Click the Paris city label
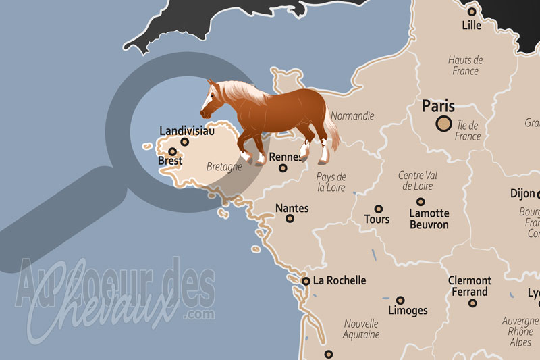(438, 107)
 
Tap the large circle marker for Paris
(444, 124)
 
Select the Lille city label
(471, 26)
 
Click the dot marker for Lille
(472, 11)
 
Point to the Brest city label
(170, 161)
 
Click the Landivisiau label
(187, 131)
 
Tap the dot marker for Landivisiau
(185, 142)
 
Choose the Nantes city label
(292, 208)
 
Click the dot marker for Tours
(379, 209)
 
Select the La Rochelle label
(340, 280)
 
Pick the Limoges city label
(408, 311)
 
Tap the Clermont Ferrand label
(470, 286)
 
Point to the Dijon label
(522, 193)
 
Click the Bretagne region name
(224, 167)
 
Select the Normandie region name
(352, 115)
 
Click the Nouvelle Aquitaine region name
(361, 329)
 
